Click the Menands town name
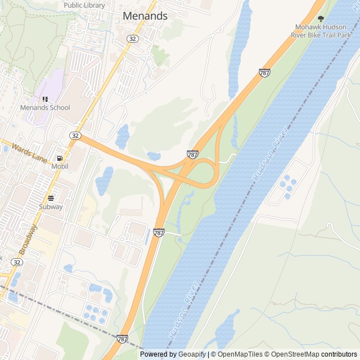tap(145, 16)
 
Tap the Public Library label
tap(84, 5)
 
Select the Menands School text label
tap(45, 107)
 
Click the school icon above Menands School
tap(45, 100)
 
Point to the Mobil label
tap(60, 166)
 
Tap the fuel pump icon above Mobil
tap(60, 159)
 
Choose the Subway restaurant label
tap(51, 206)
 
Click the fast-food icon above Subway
tap(51, 198)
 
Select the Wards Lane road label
tap(29, 154)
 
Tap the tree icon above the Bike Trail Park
tap(321, 18)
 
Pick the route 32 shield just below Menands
tap(132, 38)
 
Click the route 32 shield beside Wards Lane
tap(75, 136)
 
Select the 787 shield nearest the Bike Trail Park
tap(264, 73)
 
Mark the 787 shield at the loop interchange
tap(192, 154)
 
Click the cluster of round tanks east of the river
tap(287, 186)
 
